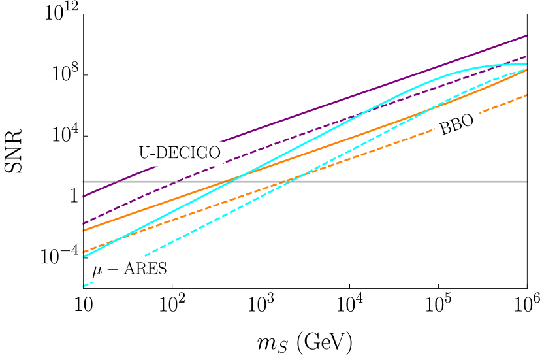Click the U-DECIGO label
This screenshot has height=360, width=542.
click(180, 153)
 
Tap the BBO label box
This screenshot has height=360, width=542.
click(457, 125)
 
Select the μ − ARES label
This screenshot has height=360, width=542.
click(129, 269)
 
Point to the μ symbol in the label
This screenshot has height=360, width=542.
click(96, 270)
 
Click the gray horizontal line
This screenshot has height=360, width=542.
click(392, 181)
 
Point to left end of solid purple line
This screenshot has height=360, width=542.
click(84, 196)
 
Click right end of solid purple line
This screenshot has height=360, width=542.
click(527, 35)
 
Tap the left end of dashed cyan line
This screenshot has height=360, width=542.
click(84, 286)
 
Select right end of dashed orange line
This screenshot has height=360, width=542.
click(527, 95)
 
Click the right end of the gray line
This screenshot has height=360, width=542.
click(526, 181)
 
